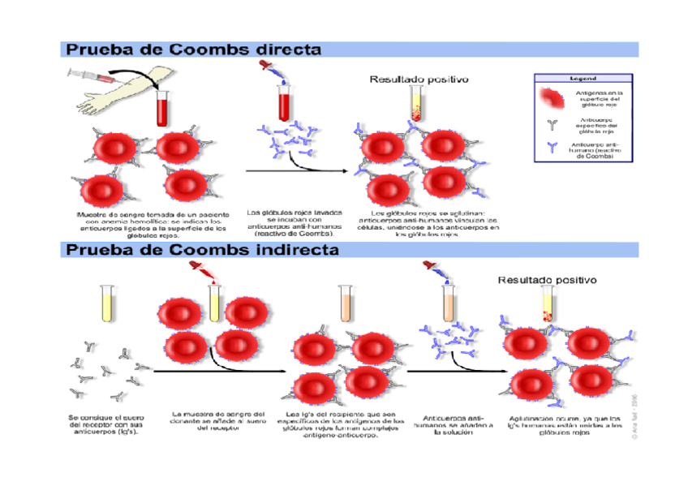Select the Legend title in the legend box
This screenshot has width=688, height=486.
coord(583,79)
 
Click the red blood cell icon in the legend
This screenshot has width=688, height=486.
coord(553,99)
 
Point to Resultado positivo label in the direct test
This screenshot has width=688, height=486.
coord(419,80)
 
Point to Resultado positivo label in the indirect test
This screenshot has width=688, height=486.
coord(547,279)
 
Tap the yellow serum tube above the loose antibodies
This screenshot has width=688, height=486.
coord(105,303)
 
